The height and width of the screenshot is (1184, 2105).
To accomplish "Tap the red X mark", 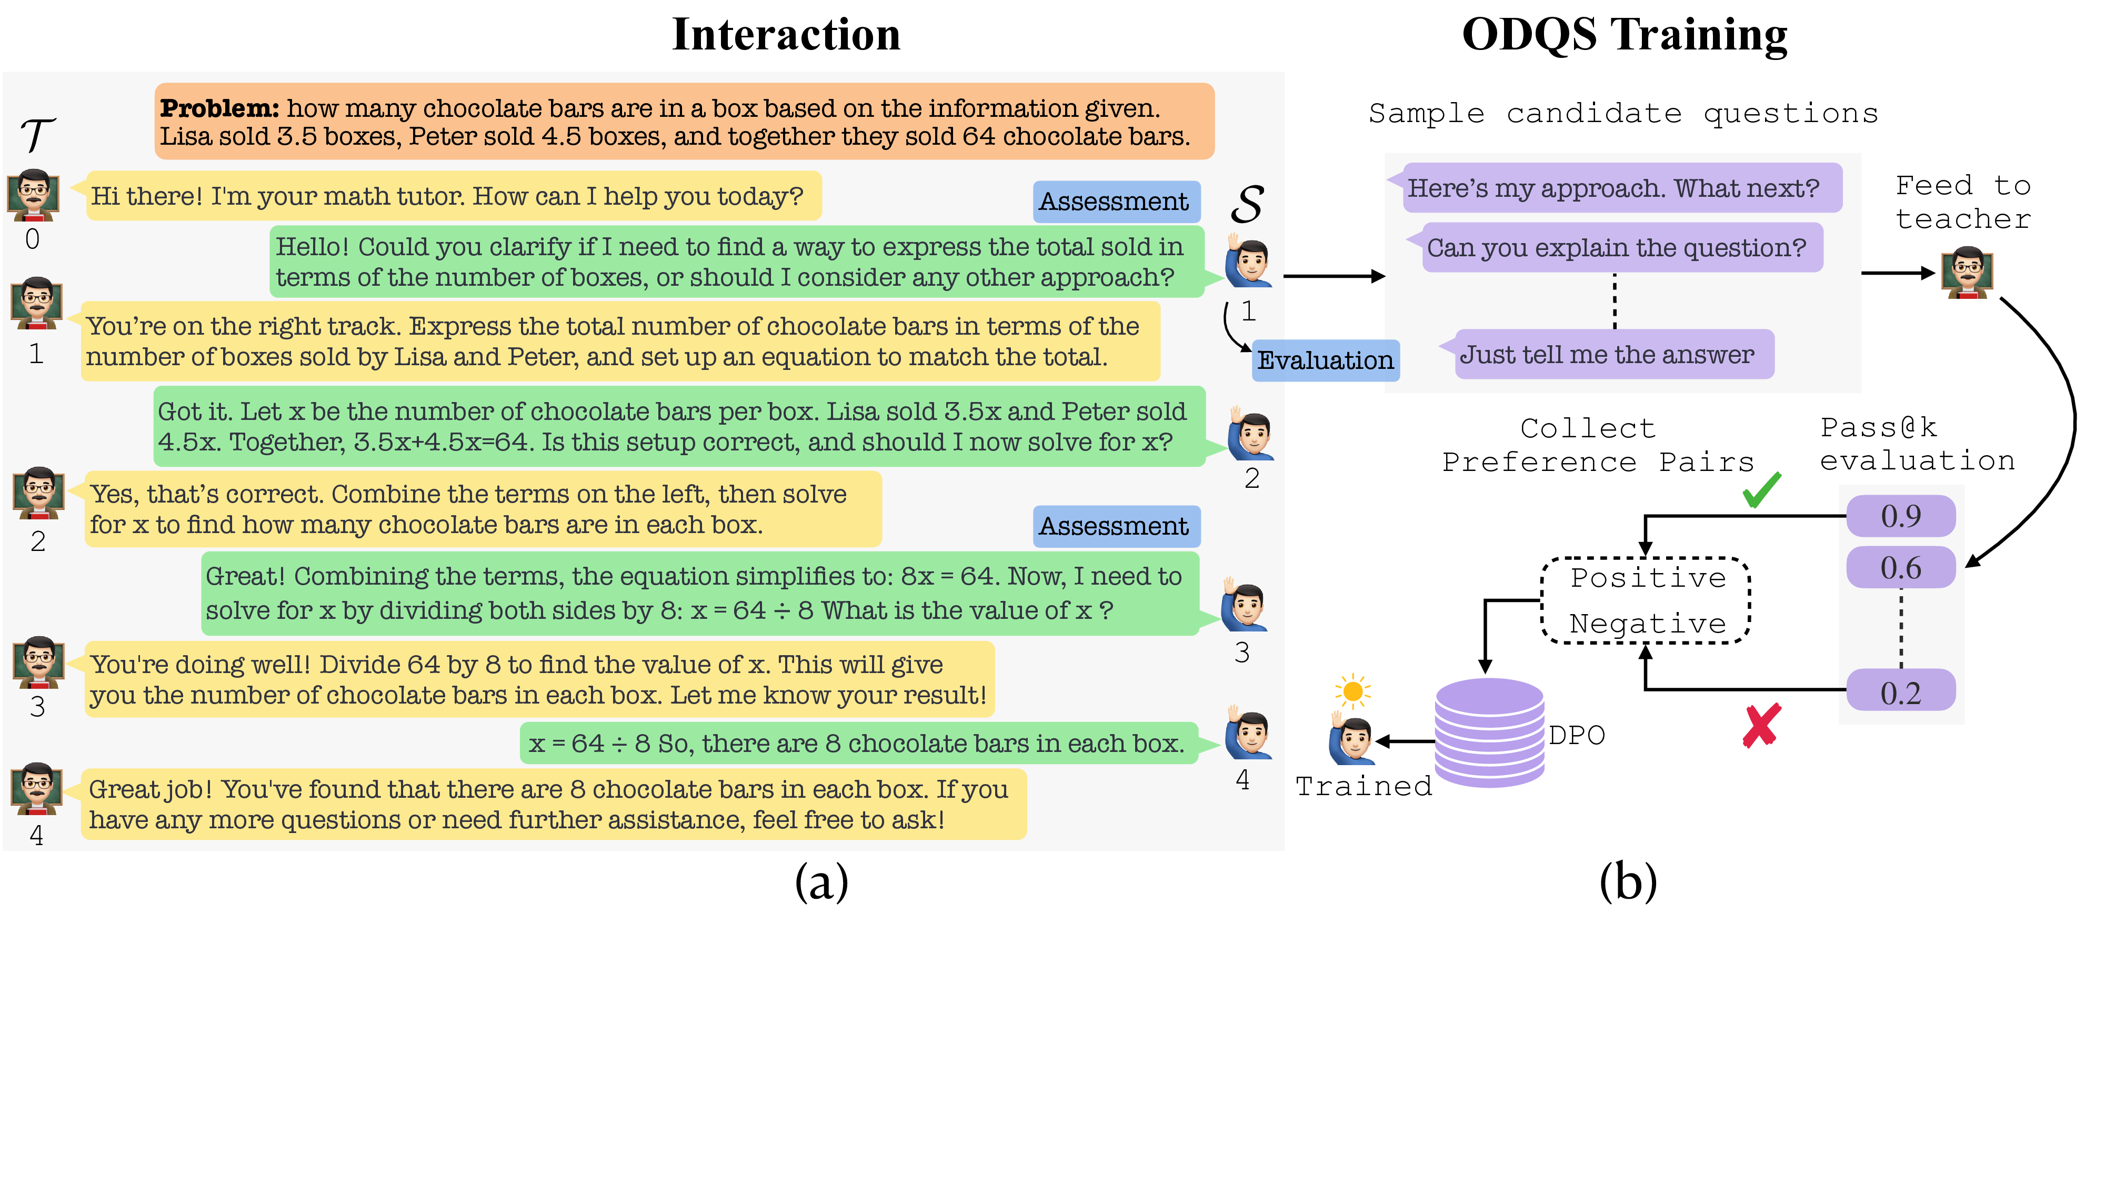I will click(1760, 726).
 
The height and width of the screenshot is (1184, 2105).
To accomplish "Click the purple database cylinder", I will click(1489, 733).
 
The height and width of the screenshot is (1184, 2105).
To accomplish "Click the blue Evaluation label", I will click(1325, 360).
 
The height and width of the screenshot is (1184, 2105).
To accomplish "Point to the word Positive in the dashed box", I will click(1647, 578).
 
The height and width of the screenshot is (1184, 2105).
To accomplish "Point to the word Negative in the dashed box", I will click(1647, 624).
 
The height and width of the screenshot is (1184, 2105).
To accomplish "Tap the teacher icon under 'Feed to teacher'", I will click(1967, 273).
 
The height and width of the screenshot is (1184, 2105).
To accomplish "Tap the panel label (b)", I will click(1627, 882).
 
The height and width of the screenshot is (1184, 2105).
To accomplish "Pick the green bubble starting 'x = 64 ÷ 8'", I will click(858, 744).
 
